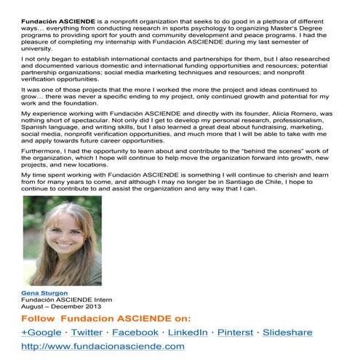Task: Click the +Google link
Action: [x=41, y=332]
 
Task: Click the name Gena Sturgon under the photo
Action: [x=44, y=292]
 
